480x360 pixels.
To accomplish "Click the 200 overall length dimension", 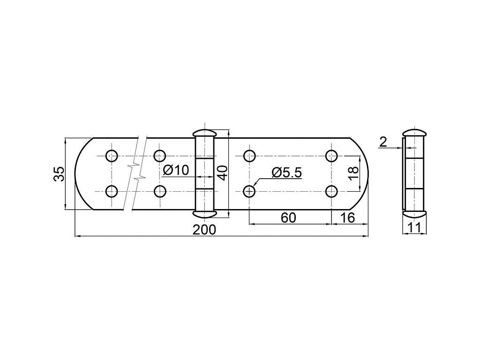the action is click(x=204, y=229).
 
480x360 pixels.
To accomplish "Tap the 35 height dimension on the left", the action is click(x=59, y=174).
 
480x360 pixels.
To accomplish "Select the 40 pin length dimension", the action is click(x=222, y=173).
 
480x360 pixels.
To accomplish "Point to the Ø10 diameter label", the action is click(x=176, y=170).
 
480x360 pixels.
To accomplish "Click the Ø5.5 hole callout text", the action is click(x=286, y=172).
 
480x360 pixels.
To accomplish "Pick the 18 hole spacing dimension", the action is click(x=353, y=174).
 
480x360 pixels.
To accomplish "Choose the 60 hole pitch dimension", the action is click(x=288, y=217).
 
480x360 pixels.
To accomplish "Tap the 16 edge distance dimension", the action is click(x=347, y=217).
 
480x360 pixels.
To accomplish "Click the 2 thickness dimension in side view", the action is click(x=383, y=142).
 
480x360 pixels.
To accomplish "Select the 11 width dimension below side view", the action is click(x=414, y=227).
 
